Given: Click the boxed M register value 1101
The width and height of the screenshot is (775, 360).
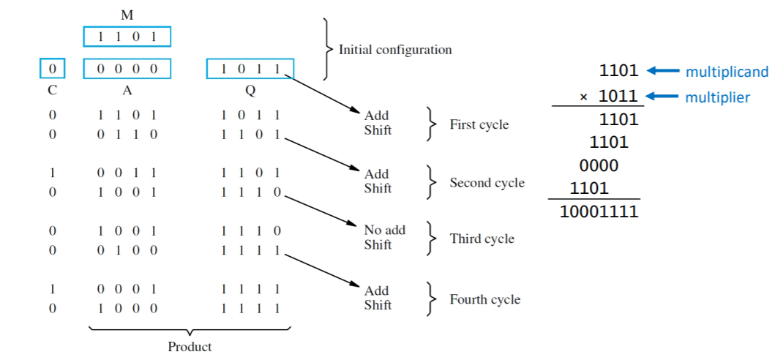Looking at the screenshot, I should pyautogui.click(x=127, y=37).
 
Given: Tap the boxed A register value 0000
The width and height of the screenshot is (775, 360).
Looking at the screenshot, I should pyautogui.click(x=127, y=70).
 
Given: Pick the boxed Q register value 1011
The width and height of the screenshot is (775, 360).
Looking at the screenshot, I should pyautogui.click(x=250, y=70).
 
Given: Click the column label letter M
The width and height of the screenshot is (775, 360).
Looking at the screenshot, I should pyautogui.click(x=127, y=15).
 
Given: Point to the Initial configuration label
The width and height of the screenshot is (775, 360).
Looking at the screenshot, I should pyautogui.click(x=395, y=50).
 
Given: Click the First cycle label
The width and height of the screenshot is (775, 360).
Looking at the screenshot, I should pyautogui.click(x=479, y=124).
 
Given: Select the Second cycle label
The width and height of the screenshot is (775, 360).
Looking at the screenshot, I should pyautogui.click(x=487, y=183).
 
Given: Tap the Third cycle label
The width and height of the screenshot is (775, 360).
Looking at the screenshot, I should pyautogui.click(x=482, y=239).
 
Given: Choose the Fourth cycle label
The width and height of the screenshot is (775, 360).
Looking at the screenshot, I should pyautogui.click(x=484, y=299).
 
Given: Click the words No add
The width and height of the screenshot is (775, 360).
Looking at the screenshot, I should pyautogui.click(x=384, y=230).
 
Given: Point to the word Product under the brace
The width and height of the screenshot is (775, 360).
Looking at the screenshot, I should pyautogui.click(x=190, y=347).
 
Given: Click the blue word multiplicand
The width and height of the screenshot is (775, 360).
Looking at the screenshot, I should pyautogui.click(x=726, y=72).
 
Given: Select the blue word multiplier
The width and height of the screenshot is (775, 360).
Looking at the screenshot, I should pyautogui.click(x=717, y=97).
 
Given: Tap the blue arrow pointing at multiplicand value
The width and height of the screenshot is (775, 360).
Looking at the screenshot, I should pyautogui.click(x=662, y=71).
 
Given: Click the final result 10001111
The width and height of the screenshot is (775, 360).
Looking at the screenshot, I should pyautogui.click(x=599, y=212).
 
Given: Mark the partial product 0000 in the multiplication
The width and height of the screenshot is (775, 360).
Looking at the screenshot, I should pyautogui.click(x=598, y=165).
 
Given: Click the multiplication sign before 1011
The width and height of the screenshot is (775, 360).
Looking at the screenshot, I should pyautogui.click(x=583, y=97).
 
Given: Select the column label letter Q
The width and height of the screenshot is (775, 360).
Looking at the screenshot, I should pyautogui.click(x=250, y=91).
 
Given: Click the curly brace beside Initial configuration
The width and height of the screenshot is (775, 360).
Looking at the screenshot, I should pyautogui.click(x=327, y=49).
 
